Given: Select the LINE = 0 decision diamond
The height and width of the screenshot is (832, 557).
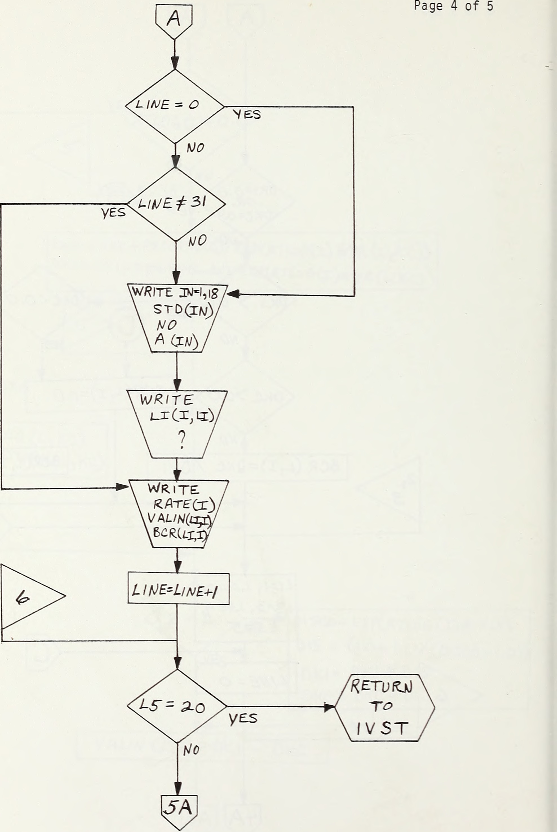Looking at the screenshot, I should [x=174, y=106].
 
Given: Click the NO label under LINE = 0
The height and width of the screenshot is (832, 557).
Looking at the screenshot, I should [x=195, y=148].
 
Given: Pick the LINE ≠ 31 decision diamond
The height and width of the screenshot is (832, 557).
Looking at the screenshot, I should [x=176, y=204].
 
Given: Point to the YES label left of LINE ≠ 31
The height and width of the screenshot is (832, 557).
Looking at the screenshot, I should [x=113, y=213].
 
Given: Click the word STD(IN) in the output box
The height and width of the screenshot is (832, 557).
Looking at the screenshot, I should [x=183, y=310].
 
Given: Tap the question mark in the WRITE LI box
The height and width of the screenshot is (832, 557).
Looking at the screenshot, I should [x=181, y=441].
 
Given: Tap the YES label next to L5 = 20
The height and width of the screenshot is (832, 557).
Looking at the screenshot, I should [x=243, y=718].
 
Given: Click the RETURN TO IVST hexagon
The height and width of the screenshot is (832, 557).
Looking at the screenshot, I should [x=384, y=707].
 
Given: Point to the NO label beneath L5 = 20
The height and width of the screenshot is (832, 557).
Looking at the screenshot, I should [x=191, y=750].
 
